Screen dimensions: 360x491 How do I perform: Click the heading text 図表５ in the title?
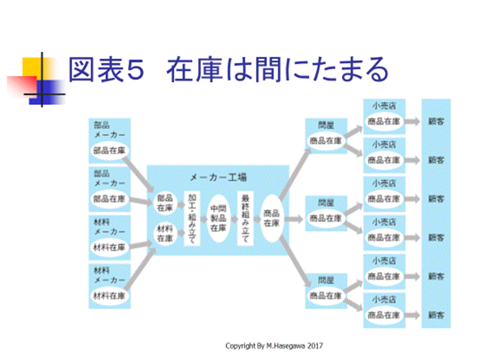[106, 71]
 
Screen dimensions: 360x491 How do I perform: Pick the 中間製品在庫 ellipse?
[218, 218]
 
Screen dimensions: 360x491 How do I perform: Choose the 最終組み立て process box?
[245, 218]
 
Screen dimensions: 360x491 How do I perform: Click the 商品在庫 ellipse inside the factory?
[271, 218]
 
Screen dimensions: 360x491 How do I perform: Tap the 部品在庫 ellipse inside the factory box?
[165, 203]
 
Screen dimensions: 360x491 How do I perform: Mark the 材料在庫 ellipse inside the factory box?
[165, 233]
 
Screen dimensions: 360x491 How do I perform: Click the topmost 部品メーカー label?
[109, 130]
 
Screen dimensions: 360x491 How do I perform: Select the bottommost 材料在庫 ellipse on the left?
[109, 296]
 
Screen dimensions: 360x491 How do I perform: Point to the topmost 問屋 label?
[326, 125]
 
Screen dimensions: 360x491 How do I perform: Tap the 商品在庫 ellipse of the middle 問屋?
[326, 218]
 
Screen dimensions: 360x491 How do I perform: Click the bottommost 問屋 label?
[326, 280]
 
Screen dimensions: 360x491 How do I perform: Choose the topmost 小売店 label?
[384, 106]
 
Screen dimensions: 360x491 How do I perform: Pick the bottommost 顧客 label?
[436, 314]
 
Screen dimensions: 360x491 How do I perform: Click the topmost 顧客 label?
[436, 121]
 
